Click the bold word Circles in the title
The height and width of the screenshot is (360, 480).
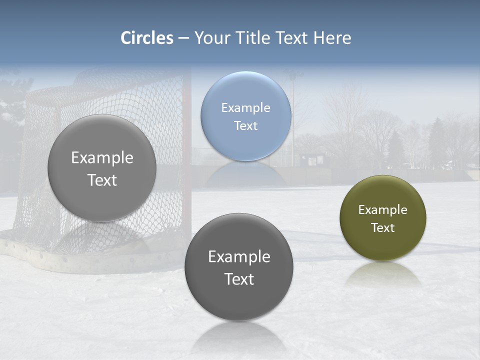pyautogui.click(x=147, y=38)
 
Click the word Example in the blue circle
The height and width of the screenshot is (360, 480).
pyautogui.click(x=245, y=108)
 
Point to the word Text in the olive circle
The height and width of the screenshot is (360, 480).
pyautogui.click(x=383, y=228)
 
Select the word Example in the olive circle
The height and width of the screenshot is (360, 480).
pyautogui.click(x=383, y=210)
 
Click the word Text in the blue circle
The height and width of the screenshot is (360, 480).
pyautogui.click(x=245, y=126)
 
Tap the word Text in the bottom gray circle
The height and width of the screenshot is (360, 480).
pyautogui.click(x=239, y=279)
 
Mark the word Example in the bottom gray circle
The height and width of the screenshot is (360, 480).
pyautogui.click(x=239, y=257)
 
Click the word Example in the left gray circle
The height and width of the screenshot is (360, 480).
pyautogui.click(x=102, y=158)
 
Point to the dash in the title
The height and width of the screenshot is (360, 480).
pyautogui.click(x=183, y=38)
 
